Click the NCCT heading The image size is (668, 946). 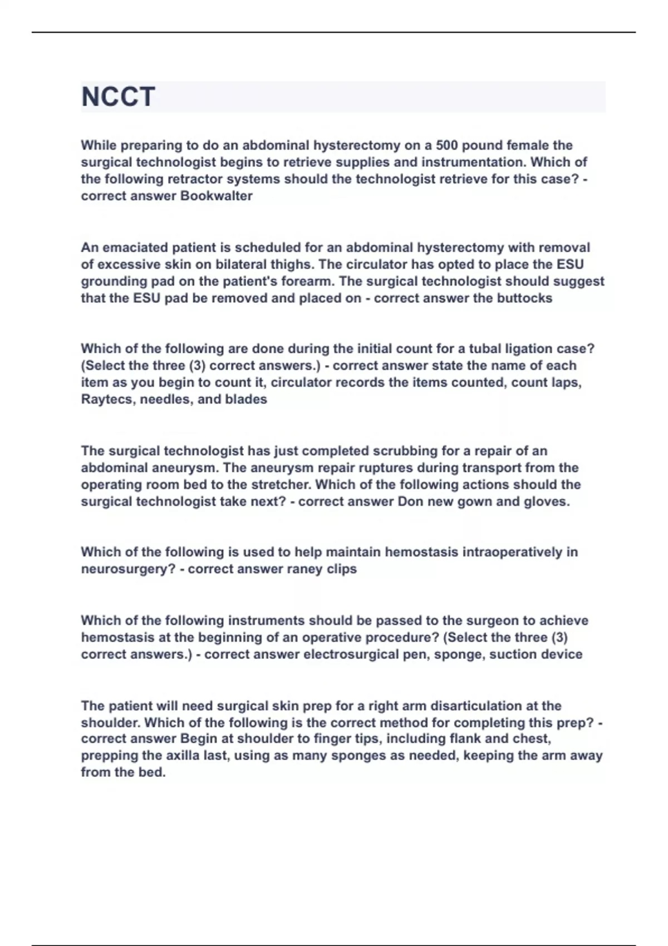[x=118, y=97]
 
